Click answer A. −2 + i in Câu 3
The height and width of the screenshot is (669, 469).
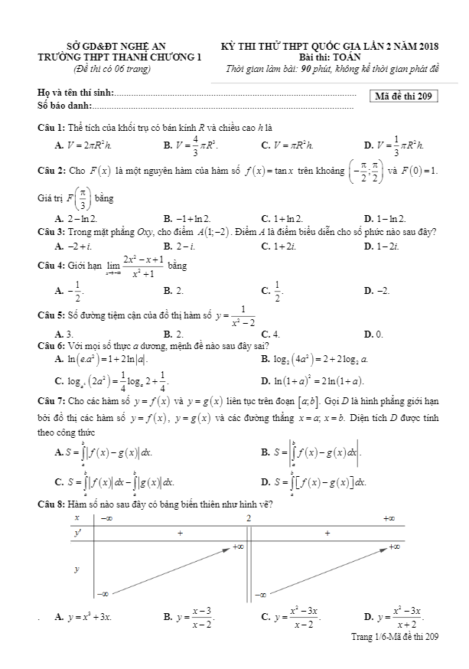[x=74, y=246]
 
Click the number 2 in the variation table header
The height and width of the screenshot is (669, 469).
[x=249, y=519]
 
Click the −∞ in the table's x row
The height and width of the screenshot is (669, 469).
[x=106, y=519]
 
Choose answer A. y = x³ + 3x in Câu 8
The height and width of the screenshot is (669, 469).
[x=85, y=617]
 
